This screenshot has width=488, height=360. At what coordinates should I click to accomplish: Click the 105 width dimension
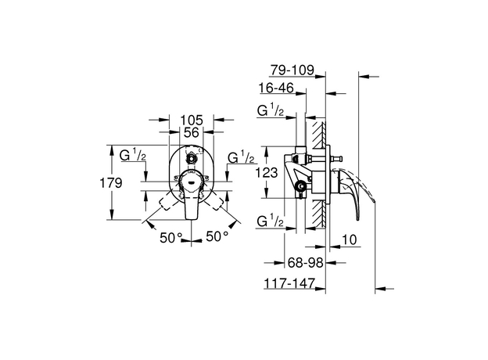(192, 120)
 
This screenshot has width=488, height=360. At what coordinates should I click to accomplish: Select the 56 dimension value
(192, 134)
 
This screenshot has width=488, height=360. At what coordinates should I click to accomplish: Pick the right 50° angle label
(217, 235)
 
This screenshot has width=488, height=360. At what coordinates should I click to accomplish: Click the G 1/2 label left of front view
(134, 156)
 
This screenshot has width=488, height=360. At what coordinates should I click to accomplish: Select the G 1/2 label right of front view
(240, 157)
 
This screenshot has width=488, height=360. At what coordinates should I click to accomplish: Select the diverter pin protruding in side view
(338, 160)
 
